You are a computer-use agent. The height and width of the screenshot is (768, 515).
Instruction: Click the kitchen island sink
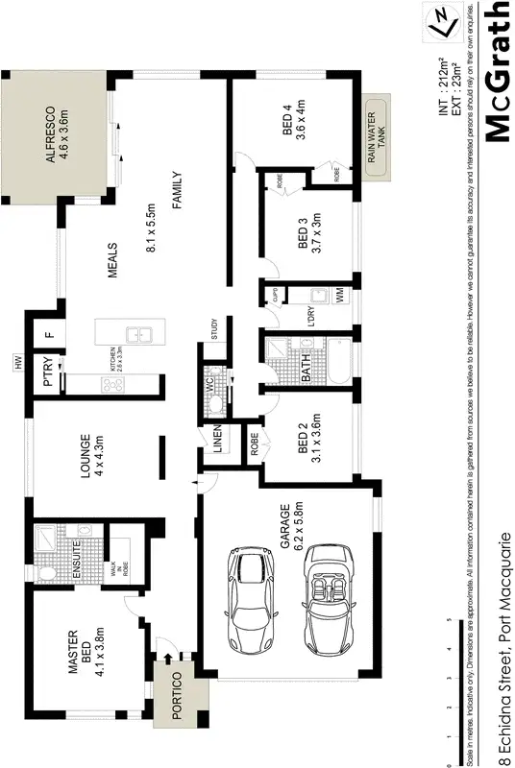pyautogui.click(x=141, y=334)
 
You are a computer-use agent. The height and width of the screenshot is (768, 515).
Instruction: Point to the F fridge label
pyautogui.click(x=48, y=335)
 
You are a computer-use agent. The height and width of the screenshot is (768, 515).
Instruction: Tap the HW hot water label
pyautogui.click(x=17, y=362)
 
